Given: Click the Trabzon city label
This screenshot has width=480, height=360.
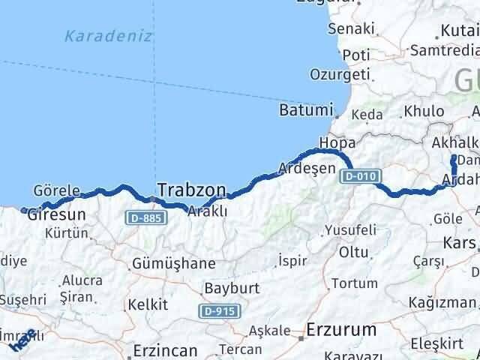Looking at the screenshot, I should (190, 189).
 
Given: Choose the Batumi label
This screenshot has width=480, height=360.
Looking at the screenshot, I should (305, 109).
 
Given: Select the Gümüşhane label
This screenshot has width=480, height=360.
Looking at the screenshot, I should (172, 264).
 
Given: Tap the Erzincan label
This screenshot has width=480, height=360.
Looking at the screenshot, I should (165, 350).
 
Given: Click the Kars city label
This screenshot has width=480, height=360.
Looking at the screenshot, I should (459, 243).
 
